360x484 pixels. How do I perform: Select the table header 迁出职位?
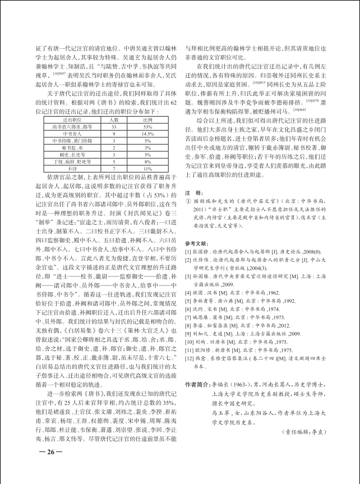point(73,119)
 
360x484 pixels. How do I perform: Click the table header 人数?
point(113,119)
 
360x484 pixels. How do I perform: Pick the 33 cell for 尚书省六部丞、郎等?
point(113,127)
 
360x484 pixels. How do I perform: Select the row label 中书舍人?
point(73,134)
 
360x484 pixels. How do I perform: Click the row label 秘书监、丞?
point(73,147)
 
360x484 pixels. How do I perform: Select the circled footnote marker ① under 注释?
point(188,200)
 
